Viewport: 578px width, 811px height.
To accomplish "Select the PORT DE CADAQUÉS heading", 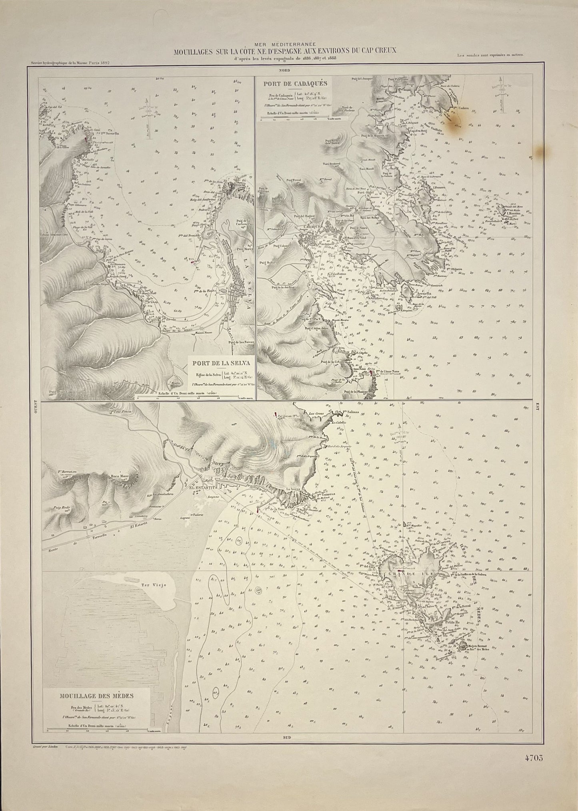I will pyautogui.click(x=294, y=84).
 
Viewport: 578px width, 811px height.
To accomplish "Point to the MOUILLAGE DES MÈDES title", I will pyautogui.click(x=97, y=695).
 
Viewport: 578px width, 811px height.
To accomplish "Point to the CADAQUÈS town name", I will pyautogui.click(x=316, y=227).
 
